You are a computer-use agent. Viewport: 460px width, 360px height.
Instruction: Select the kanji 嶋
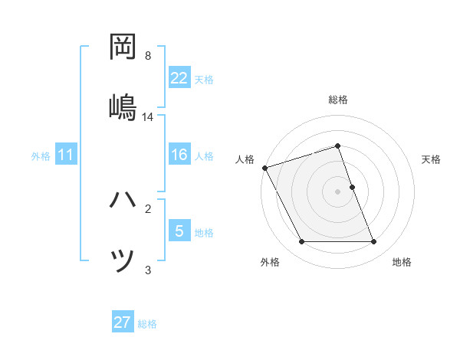[x=123, y=104]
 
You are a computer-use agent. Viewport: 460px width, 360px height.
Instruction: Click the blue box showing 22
[x=179, y=78]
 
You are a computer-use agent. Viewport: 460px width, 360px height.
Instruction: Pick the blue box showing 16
[x=179, y=155]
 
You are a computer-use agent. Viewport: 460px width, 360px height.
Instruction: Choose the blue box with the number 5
[x=179, y=231]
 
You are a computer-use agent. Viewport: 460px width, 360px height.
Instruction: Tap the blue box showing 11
[x=67, y=155]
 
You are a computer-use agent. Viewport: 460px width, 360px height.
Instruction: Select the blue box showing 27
[x=123, y=322]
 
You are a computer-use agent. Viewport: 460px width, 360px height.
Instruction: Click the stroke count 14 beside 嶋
[x=148, y=117]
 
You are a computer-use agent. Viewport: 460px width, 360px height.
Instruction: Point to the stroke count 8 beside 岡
[x=148, y=56]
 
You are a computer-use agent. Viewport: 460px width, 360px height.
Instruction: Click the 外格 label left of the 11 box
[x=41, y=156]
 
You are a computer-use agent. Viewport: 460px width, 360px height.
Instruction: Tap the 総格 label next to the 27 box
[x=147, y=323]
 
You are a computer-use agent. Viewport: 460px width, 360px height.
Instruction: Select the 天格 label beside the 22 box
[x=204, y=79]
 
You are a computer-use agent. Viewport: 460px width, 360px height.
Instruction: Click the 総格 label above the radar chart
[x=338, y=100]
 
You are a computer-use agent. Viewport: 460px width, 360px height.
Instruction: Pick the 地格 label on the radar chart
[x=402, y=262]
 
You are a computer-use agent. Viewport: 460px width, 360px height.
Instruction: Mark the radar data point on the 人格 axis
[x=265, y=168]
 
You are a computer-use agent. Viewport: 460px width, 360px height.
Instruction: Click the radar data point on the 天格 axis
[x=352, y=187]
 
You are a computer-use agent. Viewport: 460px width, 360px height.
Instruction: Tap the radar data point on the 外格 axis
[x=301, y=242]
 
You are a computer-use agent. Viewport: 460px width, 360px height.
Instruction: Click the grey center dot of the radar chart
[x=338, y=191]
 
